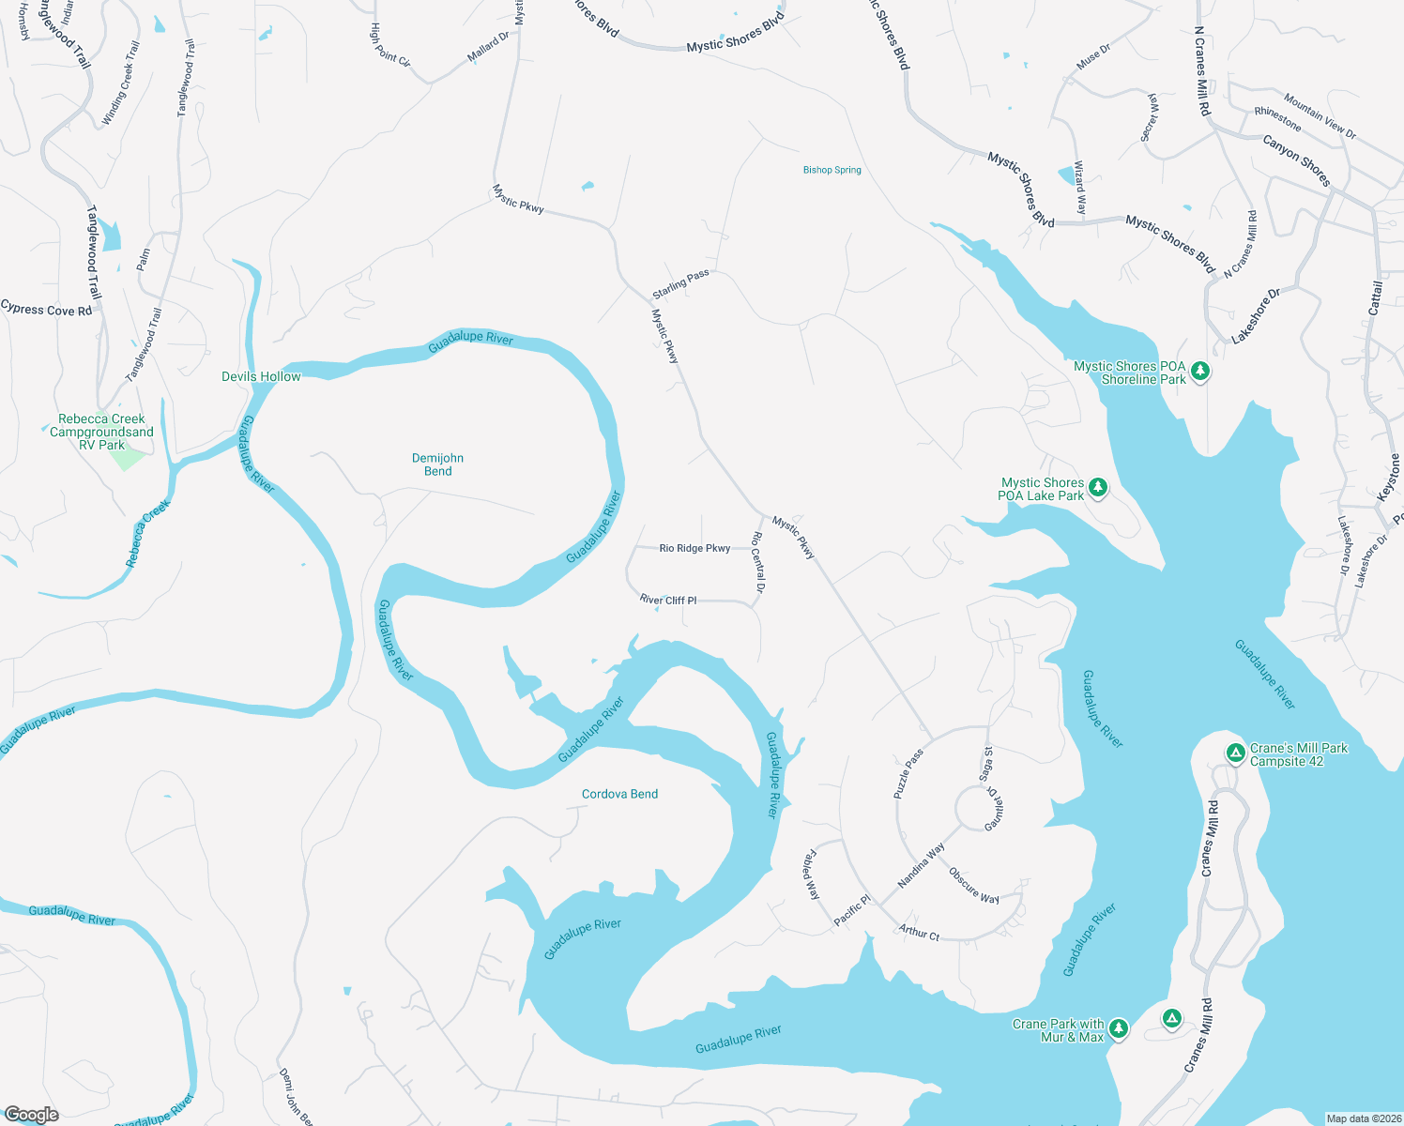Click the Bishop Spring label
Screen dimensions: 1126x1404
coord(832,170)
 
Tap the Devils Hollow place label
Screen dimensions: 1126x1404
coord(261,376)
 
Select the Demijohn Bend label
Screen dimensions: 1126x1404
coord(437,464)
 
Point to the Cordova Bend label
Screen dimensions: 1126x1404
coord(619,794)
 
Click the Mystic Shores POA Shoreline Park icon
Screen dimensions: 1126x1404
coord(1199,372)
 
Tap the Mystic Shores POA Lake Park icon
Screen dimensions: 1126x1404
coord(1097,488)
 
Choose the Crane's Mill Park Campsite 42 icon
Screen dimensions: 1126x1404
coord(1236,753)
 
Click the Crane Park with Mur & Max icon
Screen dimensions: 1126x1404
coord(1118,1029)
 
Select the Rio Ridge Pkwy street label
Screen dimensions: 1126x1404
coord(694,548)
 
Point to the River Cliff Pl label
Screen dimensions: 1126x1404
coord(668,600)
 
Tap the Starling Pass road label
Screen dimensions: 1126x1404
coord(680,284)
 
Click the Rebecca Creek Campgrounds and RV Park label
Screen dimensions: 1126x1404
coord(101,432)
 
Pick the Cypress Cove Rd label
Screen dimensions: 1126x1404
coord(47,309)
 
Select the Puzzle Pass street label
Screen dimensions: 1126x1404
coord(908,773)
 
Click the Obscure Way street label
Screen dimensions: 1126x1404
coord(973,886)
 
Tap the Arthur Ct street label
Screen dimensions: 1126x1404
coord(919,933)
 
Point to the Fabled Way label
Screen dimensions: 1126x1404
coord(811,875)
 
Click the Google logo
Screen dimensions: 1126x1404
coord(32,1115)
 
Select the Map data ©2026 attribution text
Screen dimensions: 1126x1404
coord(1363,1118)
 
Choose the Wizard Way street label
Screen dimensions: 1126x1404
coord(1080,188)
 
